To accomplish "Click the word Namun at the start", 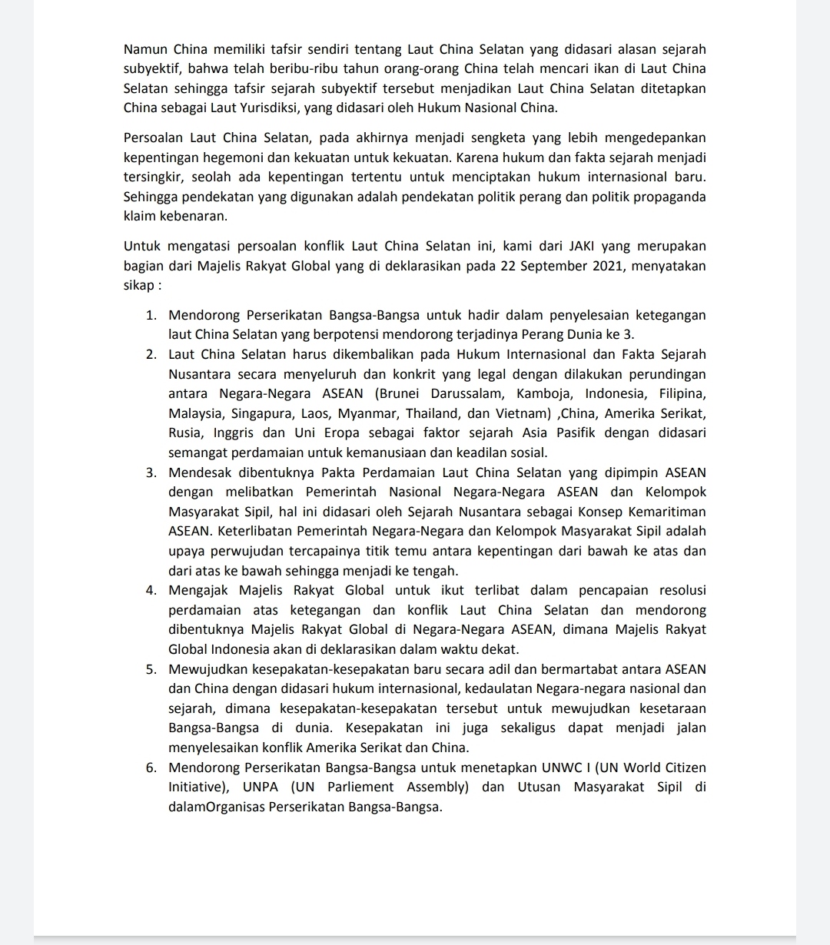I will point(144,50).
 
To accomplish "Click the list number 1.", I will point(151,315).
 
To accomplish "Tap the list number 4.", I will point(151,590).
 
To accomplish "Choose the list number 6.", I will point(151,768).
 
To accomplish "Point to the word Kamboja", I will point(544,393).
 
